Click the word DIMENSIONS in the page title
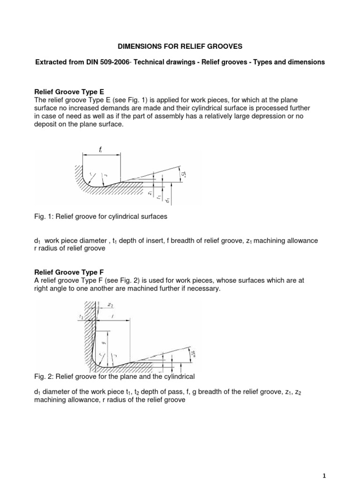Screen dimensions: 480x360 point(138,47)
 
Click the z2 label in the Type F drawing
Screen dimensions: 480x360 point(110,304)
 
